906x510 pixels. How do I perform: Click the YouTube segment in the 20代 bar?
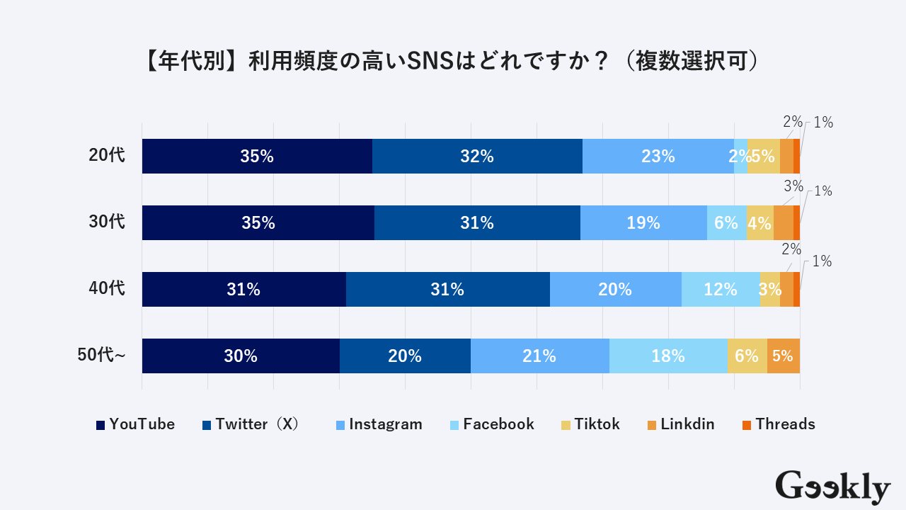257,157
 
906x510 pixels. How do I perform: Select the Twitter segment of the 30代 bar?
477,223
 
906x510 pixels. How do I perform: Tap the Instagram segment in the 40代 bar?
615,290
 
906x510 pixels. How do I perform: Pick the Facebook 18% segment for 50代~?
668,356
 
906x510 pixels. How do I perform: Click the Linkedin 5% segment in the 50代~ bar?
783,356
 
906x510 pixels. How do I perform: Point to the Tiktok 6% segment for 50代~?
747,356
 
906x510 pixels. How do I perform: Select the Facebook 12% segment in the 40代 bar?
720,290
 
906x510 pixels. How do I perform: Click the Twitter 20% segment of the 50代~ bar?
405,356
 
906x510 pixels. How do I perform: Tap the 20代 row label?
107,156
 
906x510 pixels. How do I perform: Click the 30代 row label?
107,222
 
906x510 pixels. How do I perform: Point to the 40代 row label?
107,289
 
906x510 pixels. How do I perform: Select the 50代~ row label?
101,356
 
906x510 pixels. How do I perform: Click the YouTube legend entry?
135,424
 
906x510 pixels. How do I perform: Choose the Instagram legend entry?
379,424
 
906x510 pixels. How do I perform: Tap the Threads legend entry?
779,424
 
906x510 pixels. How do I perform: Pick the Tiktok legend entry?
590,424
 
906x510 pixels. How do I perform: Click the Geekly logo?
832,487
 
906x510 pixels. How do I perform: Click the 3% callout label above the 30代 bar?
793,187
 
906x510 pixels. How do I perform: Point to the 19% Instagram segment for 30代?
643,223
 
